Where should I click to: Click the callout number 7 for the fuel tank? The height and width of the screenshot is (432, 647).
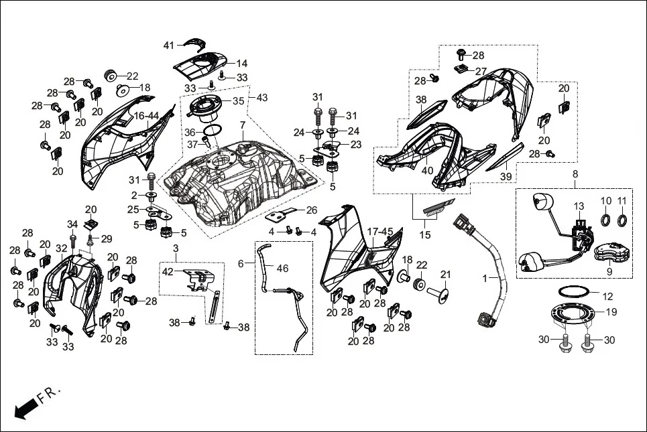243,125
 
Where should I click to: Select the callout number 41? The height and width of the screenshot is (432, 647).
168,45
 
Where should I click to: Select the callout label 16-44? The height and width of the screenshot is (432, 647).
146,116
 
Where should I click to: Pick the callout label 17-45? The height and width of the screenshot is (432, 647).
380,232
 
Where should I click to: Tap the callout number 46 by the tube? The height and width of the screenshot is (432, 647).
283,268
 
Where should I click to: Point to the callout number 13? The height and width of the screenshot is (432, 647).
579,206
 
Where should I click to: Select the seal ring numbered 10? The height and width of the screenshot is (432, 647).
605,220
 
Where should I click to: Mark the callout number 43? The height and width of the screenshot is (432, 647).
261,98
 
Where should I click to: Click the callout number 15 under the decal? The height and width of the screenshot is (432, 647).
424,235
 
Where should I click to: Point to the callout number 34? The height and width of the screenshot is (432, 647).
72,224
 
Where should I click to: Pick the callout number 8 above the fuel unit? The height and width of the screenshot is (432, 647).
575,174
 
